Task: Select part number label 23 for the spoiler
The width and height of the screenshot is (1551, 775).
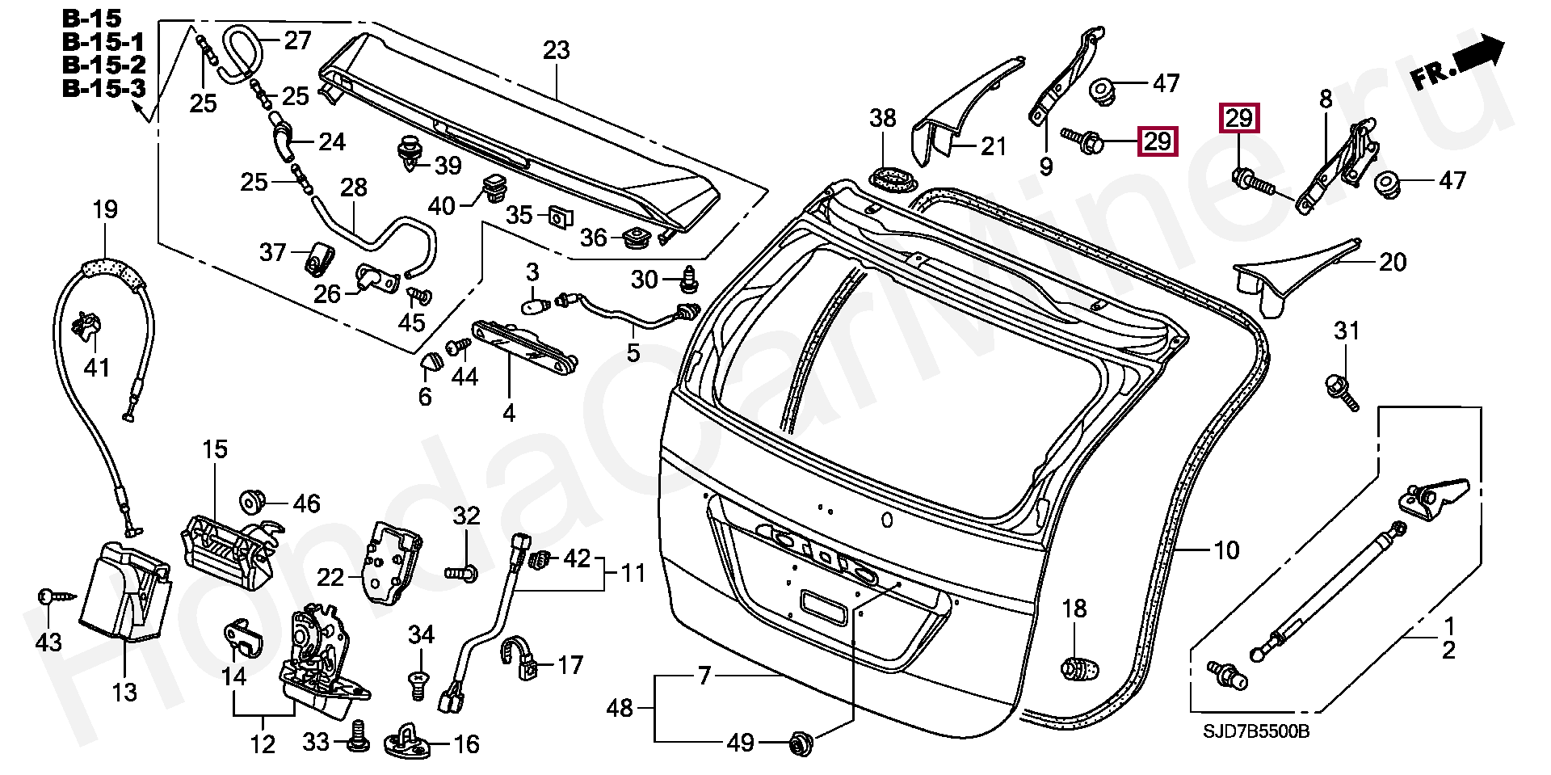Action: [x=556, y=51]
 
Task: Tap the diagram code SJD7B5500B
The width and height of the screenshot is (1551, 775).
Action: [x=1255, y=731]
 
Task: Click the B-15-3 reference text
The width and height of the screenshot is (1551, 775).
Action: [x=104, y=88]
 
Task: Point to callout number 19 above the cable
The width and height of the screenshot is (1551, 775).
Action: [x=105, y=211]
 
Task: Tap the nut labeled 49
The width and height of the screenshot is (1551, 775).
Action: [x=801, y=741]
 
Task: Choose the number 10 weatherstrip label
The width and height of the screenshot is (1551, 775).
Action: [x=1225, y=550]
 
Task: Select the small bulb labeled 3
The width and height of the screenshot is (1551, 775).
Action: [x=534, y=306]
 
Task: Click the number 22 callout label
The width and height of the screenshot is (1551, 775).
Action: [x=330, y=578]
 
